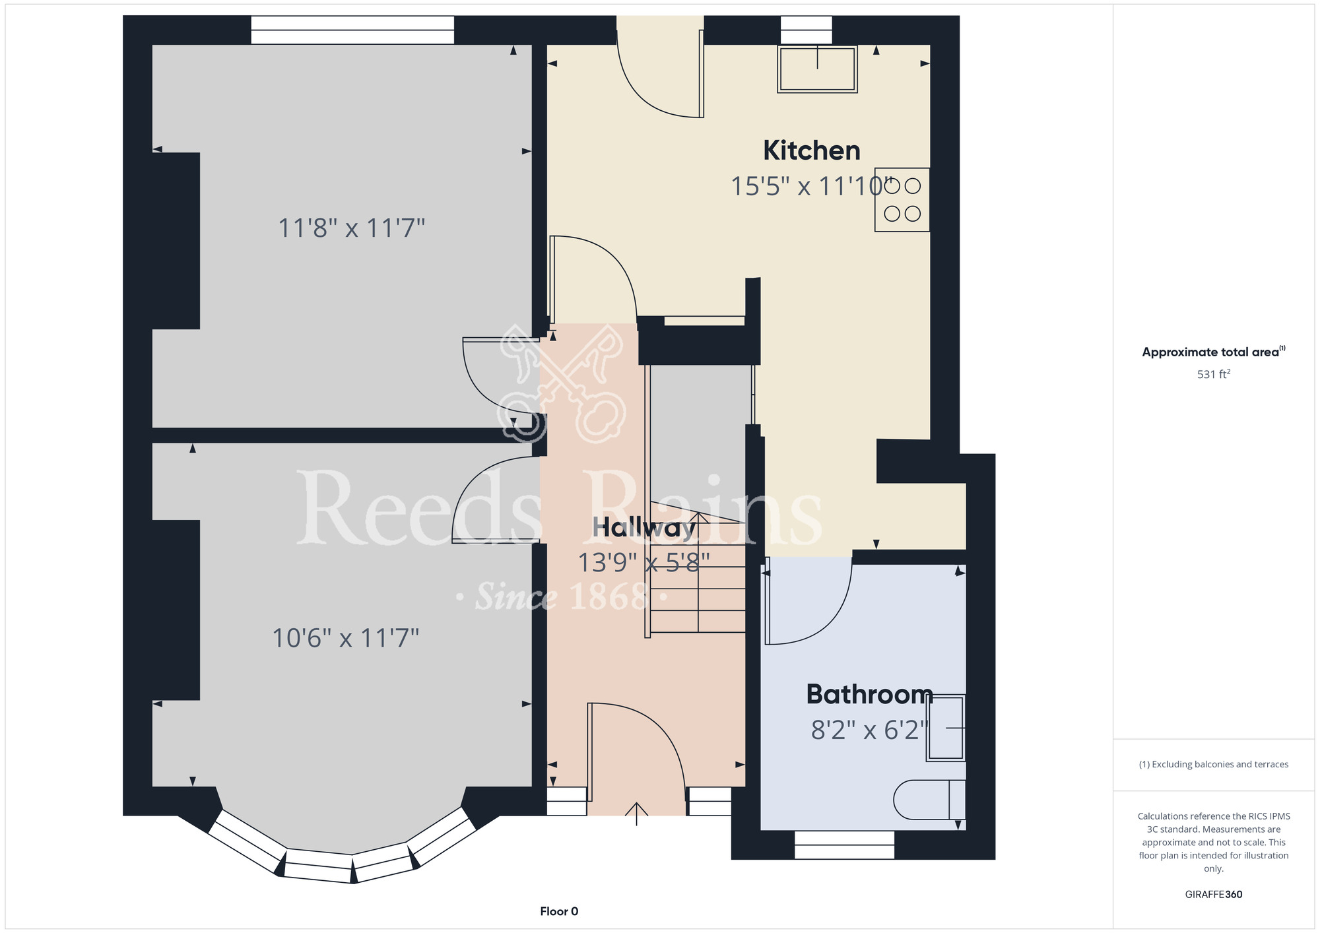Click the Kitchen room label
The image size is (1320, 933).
[x=812, y=150]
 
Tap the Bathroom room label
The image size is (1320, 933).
[x=870, y=694]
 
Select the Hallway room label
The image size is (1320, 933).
[x=644, y=528]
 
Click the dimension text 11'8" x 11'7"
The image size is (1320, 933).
[x=351, y=228]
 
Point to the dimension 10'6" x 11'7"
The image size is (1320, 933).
[x=346, y=638]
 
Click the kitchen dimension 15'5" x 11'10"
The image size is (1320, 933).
[x=812, y=187]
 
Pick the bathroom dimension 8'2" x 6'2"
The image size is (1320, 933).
[x=870, y=730]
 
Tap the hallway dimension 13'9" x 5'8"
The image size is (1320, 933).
[x=644, y=563]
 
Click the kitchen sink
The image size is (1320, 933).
[x=817, y=69]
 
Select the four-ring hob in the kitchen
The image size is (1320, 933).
[x=902, y=200]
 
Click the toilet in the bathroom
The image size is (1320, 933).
[x=929, y=800]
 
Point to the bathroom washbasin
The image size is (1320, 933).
[x=946, y=728]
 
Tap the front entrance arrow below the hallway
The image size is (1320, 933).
[x=636, y=814]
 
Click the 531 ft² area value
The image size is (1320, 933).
[x=1214, y=374]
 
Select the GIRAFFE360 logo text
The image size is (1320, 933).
[x=1214, y=895]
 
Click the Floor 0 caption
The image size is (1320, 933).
[x=559, y=911]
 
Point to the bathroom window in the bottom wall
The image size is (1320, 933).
[x=844, y=845]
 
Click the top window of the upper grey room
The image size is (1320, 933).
[x=352, y=30]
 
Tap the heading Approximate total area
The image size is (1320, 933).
[x=1214, y=352]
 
